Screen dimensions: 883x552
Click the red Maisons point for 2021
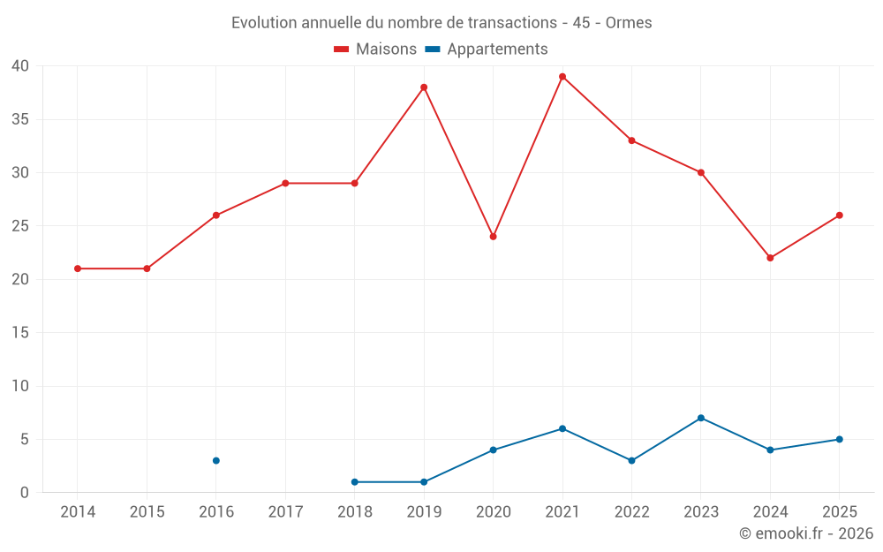tap(562, 77)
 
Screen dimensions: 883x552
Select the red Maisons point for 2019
tap(424, 87)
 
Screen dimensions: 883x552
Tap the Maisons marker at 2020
tap(494, 237)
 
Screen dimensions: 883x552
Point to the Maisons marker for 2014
tap(78, 268)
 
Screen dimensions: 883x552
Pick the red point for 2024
tap(770, 258)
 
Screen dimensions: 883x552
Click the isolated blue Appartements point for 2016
tap(216, 461)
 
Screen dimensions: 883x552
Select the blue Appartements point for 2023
tap(701, 418)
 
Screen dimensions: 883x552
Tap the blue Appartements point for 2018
tap(355, 482)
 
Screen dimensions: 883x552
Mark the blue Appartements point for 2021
tap(562, 428)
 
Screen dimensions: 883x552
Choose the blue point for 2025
tap(840, 439)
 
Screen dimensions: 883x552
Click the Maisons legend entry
tap(375, 49)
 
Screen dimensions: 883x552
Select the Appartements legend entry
tap(487, 49)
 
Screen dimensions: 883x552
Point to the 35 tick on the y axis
tap(20, 119)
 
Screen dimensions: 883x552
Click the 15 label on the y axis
tap(20, 332)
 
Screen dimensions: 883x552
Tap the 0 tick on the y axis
tap(24, 492)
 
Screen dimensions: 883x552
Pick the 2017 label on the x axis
tap(285, 511)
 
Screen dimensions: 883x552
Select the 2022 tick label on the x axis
tap(632, 511)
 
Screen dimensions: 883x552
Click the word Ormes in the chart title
tap(629, 23)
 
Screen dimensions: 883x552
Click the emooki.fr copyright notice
tap(806, 533)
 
